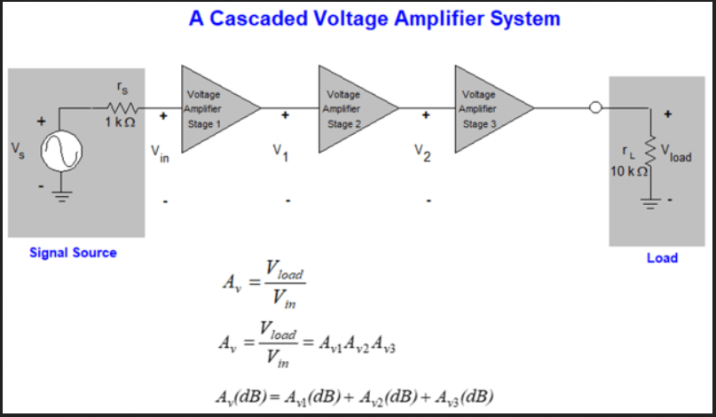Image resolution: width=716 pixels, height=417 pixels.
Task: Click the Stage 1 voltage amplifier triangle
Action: (x=214, y=108)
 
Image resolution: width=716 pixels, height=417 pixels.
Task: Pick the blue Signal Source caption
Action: (x=73, y=253)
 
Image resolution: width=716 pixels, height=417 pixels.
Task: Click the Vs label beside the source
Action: (x=18, y=147)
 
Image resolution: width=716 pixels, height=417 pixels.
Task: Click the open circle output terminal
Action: (x=597, y=108)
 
